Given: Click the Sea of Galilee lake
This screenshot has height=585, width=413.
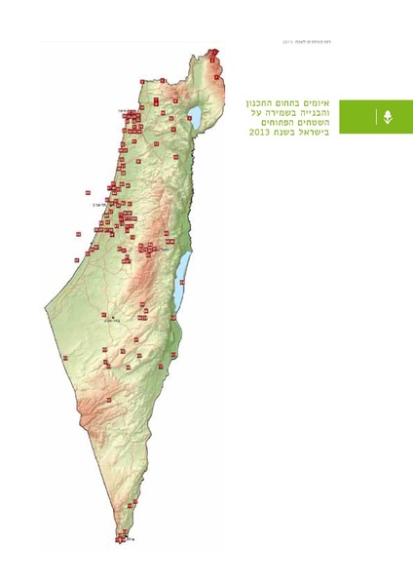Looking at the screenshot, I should point(196,118).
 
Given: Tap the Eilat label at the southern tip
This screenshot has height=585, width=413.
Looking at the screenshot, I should point(128,535).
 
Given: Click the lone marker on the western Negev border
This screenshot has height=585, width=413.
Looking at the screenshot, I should point(64,358).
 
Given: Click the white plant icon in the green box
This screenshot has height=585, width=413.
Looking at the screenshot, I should point(388,117).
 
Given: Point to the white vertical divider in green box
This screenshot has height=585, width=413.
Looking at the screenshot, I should point(375,117).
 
